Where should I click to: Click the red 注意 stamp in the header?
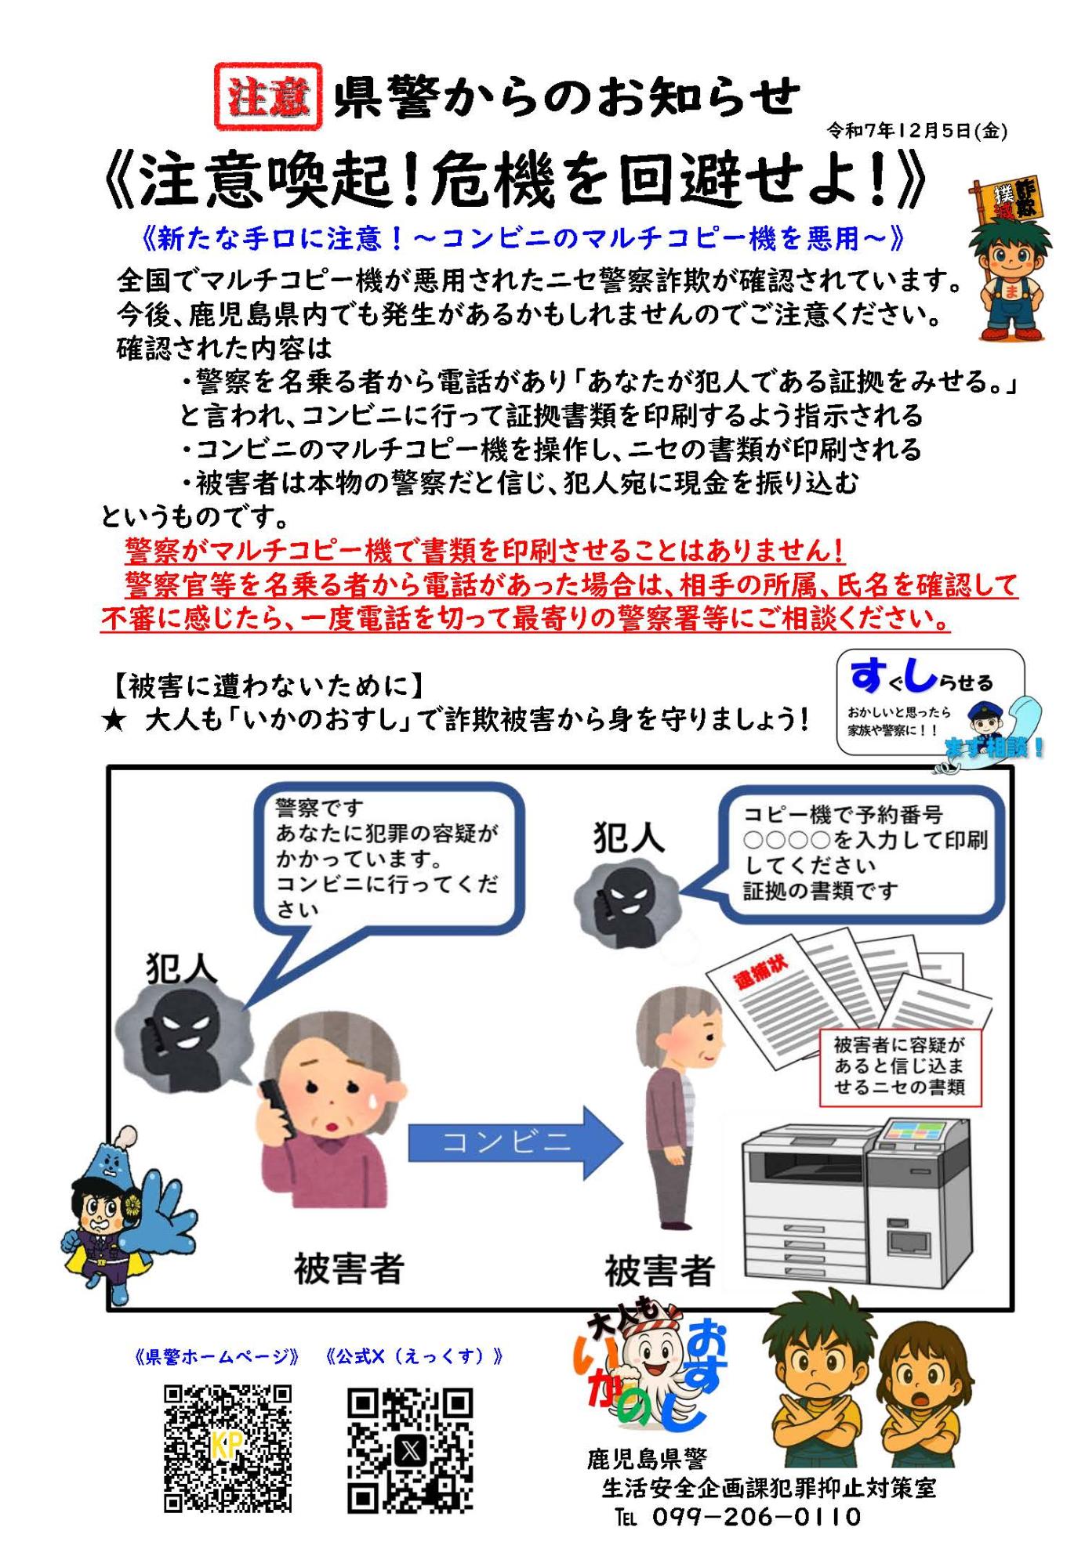pyautogui.click(x=268, y=96)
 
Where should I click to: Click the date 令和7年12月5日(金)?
pyautogui.click(x=916, y=131)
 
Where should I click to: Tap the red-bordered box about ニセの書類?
pyautogui.click(x=898, y=1066)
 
